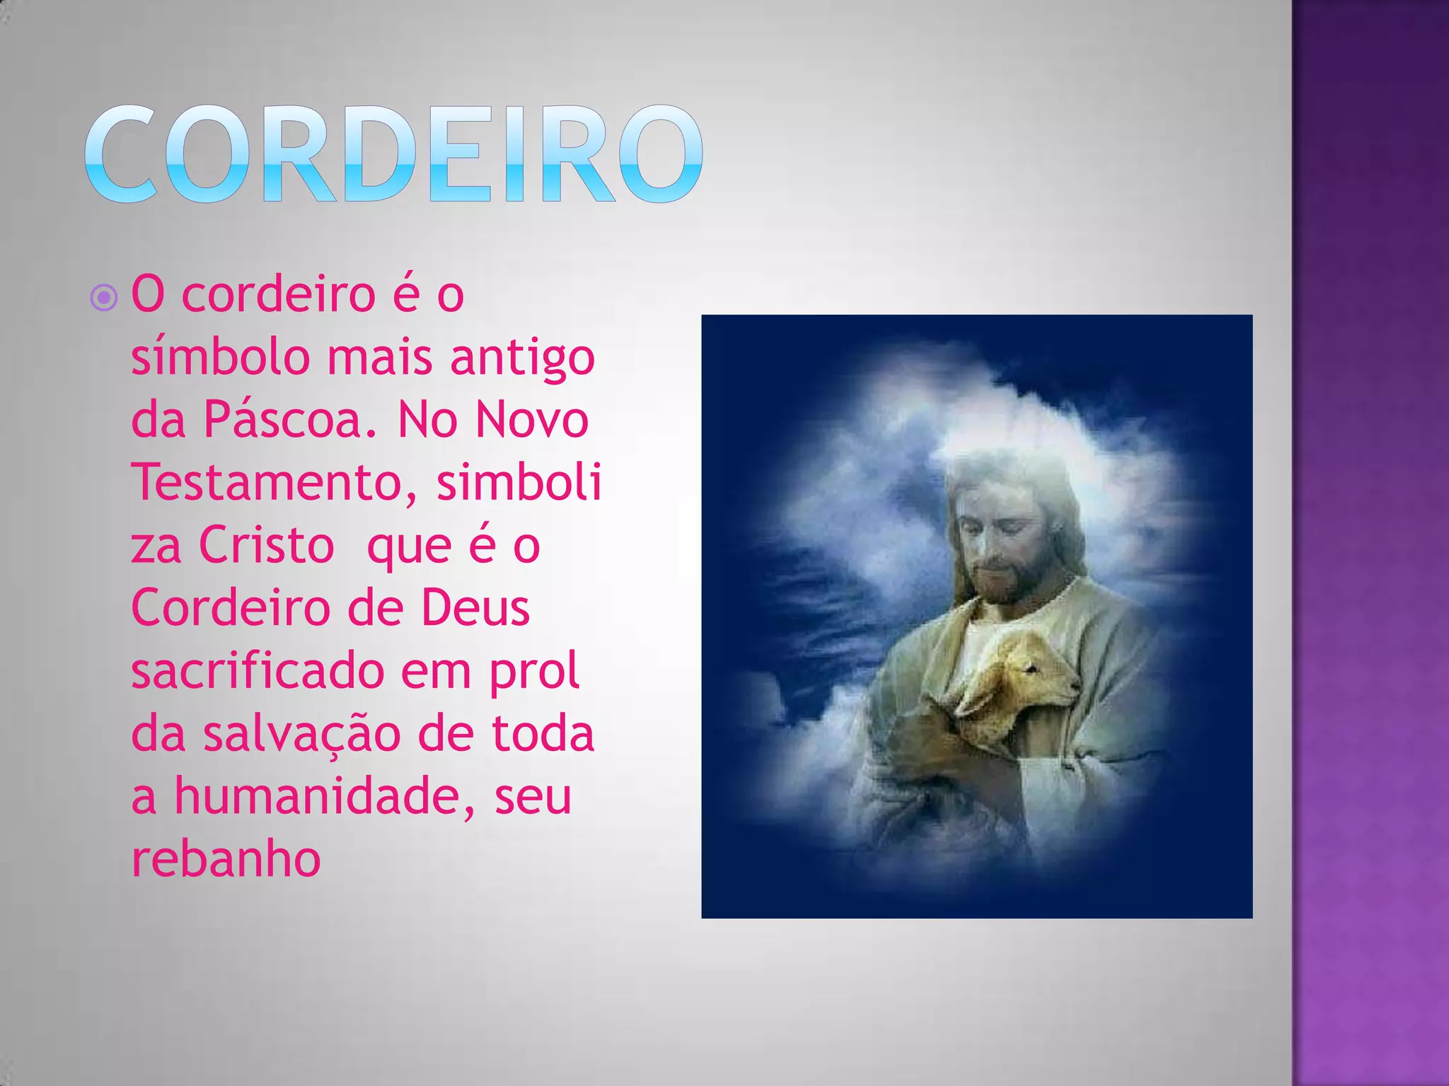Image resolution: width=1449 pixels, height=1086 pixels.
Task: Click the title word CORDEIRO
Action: [x=393, y=153]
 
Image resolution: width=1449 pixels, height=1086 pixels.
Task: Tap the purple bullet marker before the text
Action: [x=104, y=298]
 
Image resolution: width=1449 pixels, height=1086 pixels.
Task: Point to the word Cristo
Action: [x=267, y=546]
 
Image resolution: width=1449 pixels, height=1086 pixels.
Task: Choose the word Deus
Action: [x=475, y=608]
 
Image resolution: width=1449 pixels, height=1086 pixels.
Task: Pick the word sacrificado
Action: [x=257, y=671]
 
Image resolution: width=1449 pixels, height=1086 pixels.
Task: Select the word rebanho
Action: [x=226, y=859]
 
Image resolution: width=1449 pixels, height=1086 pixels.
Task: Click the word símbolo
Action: [x=220, y=357]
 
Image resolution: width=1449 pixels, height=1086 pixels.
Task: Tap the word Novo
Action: [x=531, y=420]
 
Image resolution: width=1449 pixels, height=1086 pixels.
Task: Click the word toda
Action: [x=543, y=734]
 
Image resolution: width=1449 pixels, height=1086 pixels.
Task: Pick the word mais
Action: [x=379, y=357]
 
